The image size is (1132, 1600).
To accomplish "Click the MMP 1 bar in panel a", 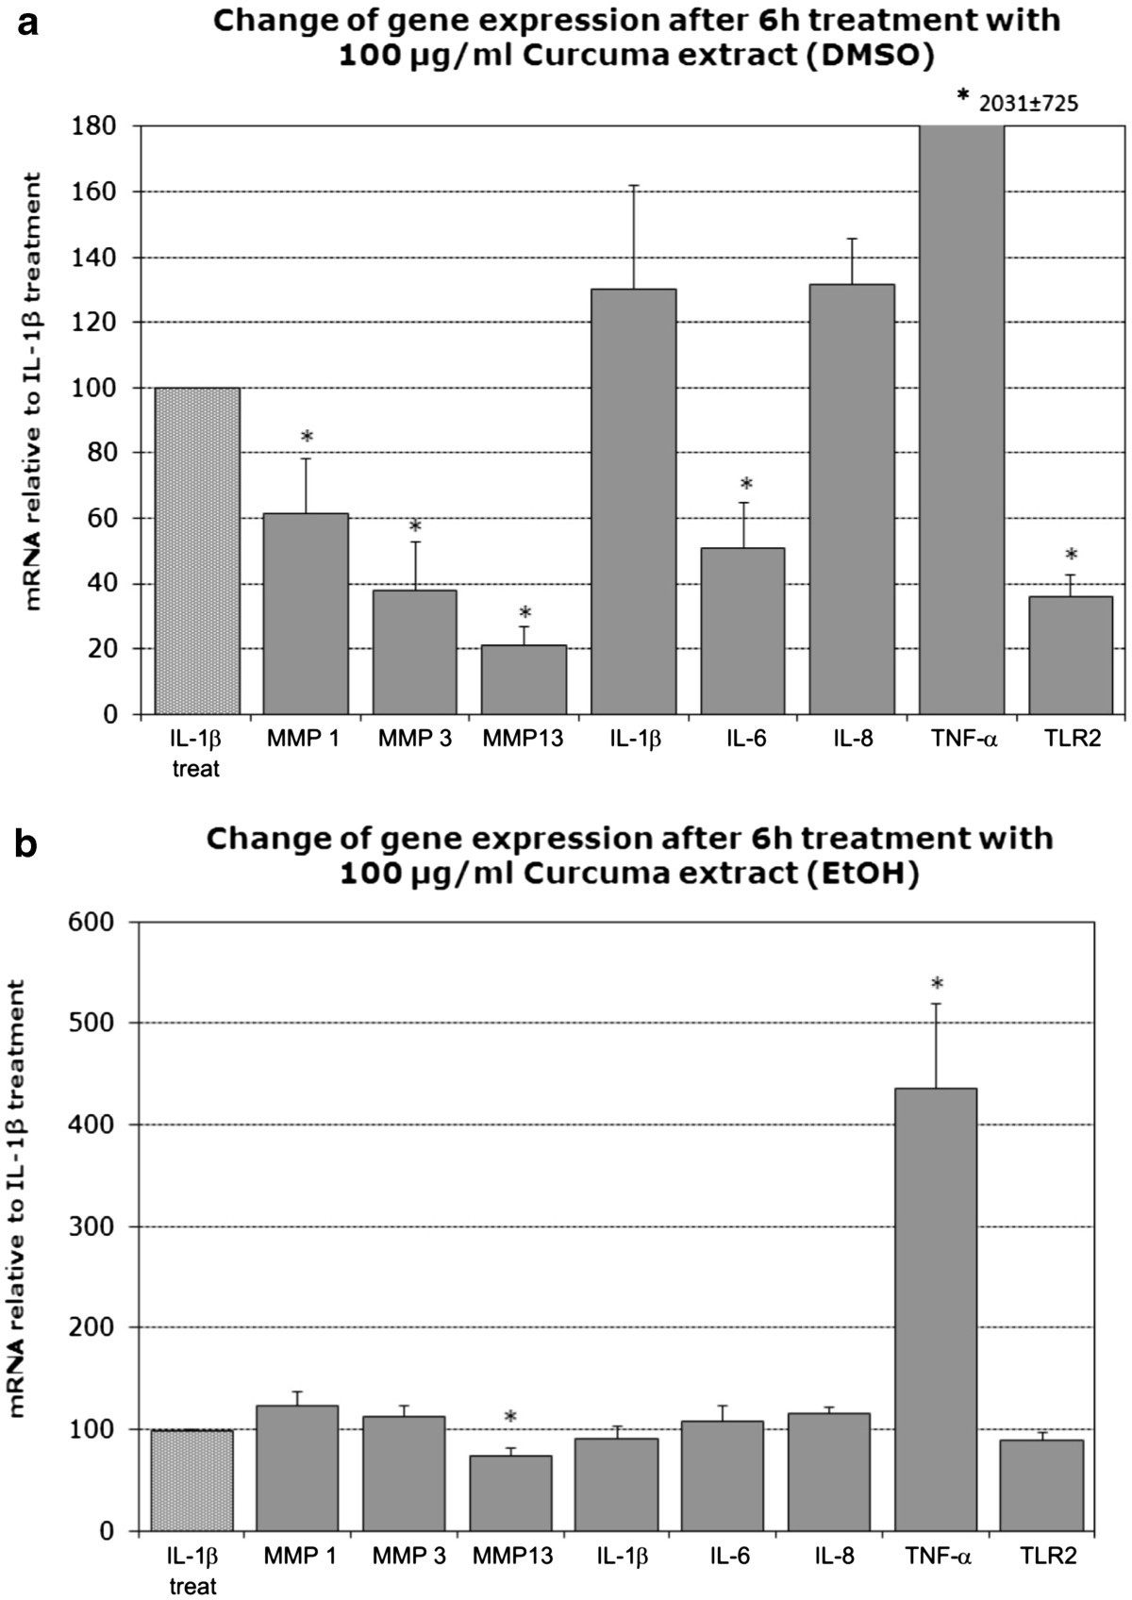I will click(x=306, y=613).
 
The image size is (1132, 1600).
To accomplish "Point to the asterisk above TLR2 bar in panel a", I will click(x=1071, y=555).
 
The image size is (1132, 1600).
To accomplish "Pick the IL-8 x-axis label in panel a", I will click(x=851, y=739).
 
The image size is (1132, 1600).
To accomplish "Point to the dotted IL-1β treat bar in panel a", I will click(x=197, y=551).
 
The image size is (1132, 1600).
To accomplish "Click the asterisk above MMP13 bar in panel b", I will click(x=510, y=1418).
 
